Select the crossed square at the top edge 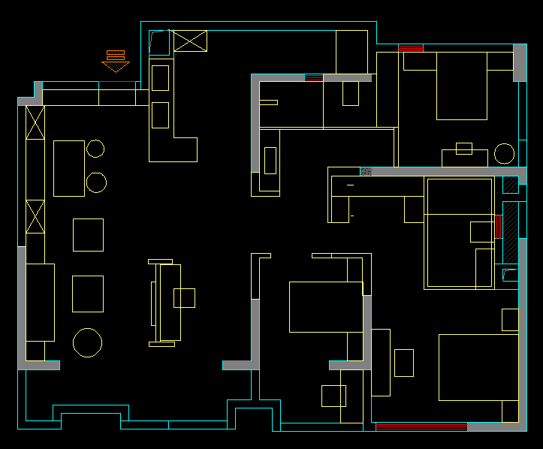tap(190, 41)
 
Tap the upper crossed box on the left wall tap(35, 122)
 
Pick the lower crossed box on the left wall tap(35, 216)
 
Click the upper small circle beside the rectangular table tap(95, 149)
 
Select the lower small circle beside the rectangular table tap(96, 182)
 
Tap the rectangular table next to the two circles tap(69, 168)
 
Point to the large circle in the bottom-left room tap(88, 342)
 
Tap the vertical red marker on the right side tap(499, 227)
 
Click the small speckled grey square tap(366, 171)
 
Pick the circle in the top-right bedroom tap(505, 154)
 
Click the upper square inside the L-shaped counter tap(160, 78)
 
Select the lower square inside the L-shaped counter tap(160, 115)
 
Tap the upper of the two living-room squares tap(88, 234)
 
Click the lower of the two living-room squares tap(88, 294)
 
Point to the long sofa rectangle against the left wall tap(40, 303)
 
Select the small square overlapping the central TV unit tap(184, 298)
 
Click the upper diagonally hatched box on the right tap(510, 185)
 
